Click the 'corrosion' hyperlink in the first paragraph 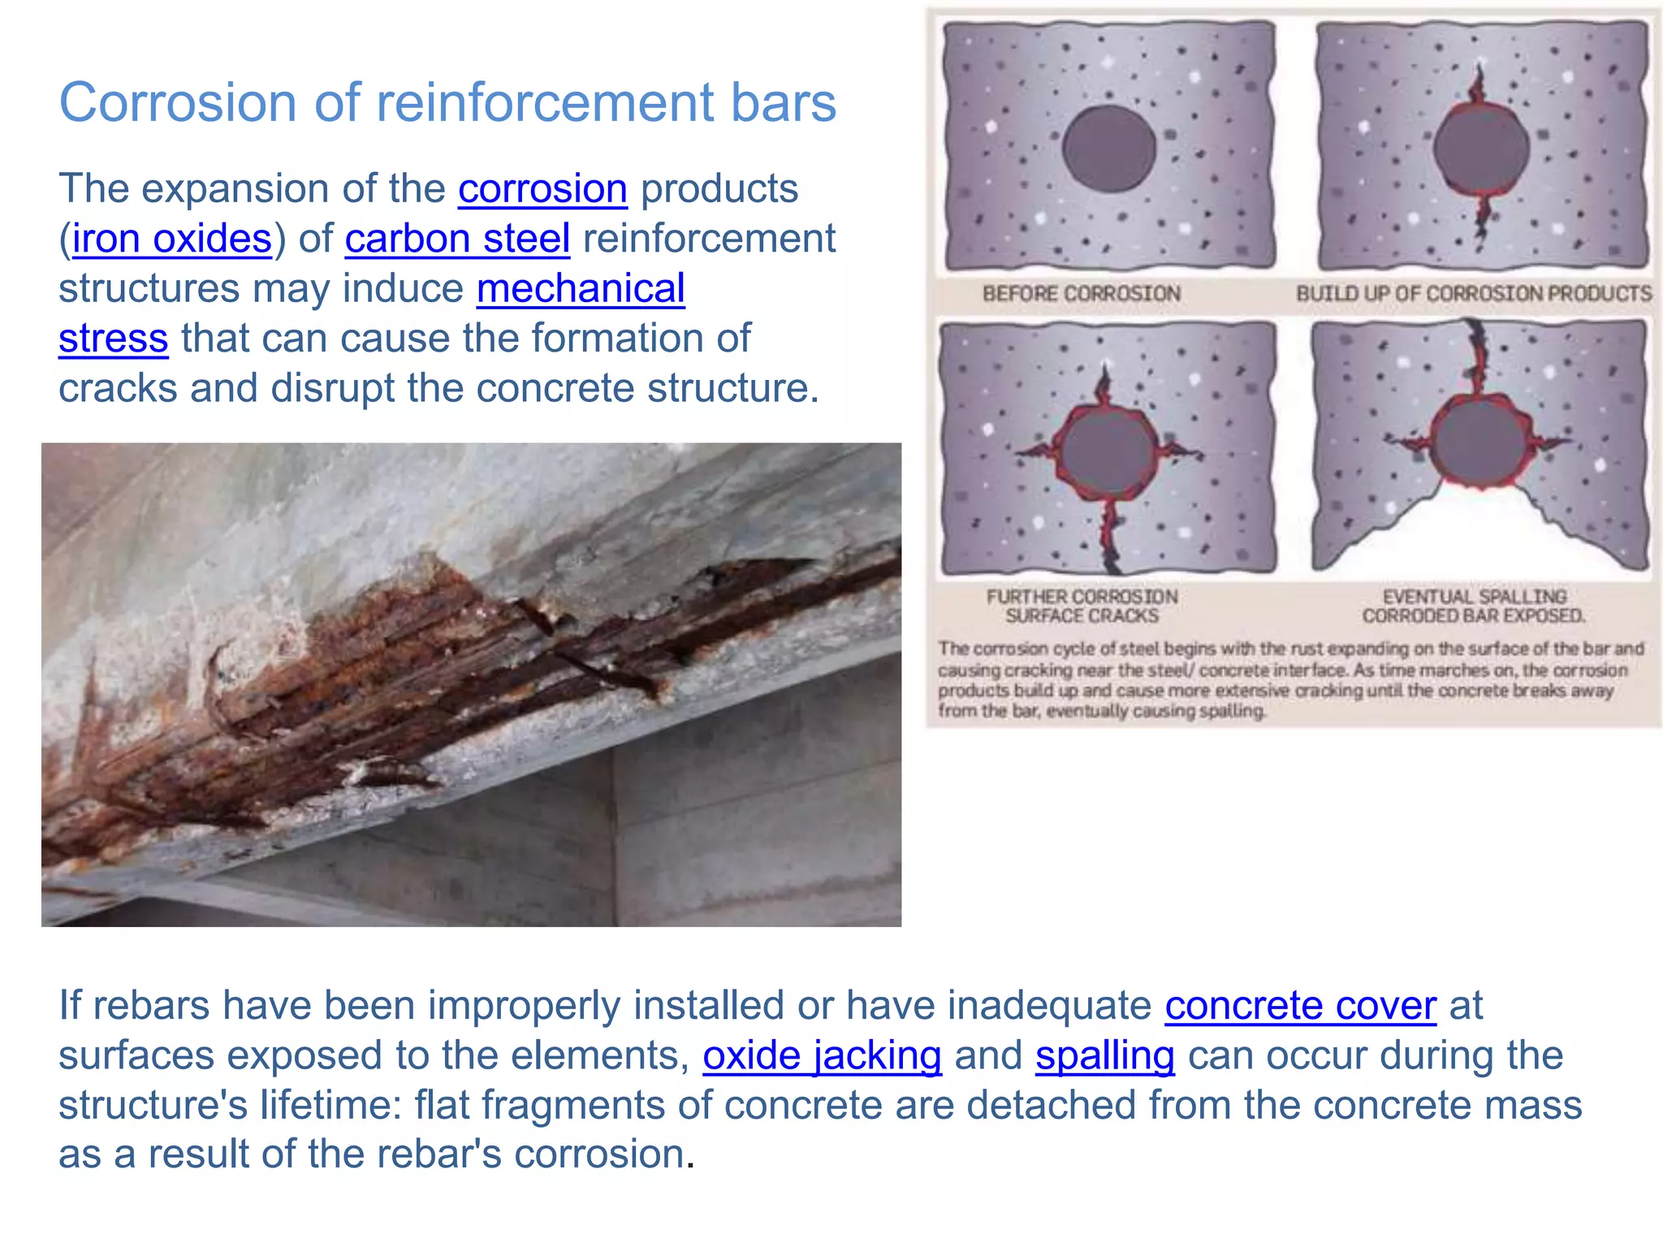pos(542,189)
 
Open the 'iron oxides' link pos(171,239)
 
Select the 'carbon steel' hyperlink pos(457,239)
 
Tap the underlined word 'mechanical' pos(581,289)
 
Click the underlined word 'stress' pos(113,339)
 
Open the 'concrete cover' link pos(1300,1006)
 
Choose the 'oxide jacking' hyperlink pos(822,1056)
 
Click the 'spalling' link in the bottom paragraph pos(1104,1056)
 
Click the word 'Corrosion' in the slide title pos(178,103)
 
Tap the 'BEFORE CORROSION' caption pos(1081,293)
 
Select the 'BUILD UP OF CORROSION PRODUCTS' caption pos(1473,293)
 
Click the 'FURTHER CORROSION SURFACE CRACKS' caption pos(1082,606)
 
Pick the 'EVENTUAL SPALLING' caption pos(1474,597)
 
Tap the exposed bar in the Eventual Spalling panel pos(1479,442)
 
